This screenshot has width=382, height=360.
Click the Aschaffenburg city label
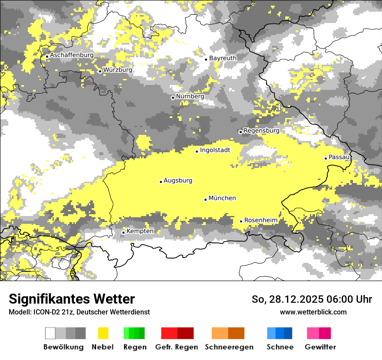72,56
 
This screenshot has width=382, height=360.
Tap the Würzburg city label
118,70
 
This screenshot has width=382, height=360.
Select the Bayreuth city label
223,58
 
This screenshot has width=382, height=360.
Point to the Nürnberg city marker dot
173,98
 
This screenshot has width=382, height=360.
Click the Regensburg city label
261,131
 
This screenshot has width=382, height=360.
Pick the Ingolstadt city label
215,151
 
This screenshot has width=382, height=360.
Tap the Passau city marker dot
326,158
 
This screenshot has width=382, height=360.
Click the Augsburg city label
178,181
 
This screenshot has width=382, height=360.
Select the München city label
222,198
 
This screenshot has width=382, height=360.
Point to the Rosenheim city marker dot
241,221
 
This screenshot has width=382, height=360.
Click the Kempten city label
140,231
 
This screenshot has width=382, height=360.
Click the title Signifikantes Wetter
72,299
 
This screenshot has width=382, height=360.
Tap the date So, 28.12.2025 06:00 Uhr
312,299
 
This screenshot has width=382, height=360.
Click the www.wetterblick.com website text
313,312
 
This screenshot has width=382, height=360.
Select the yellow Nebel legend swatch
103,333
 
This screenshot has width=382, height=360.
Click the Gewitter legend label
320,347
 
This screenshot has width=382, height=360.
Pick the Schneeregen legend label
229,347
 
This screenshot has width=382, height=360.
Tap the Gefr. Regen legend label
177,347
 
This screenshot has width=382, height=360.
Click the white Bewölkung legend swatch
50,333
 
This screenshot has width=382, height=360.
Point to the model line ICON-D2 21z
79,312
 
